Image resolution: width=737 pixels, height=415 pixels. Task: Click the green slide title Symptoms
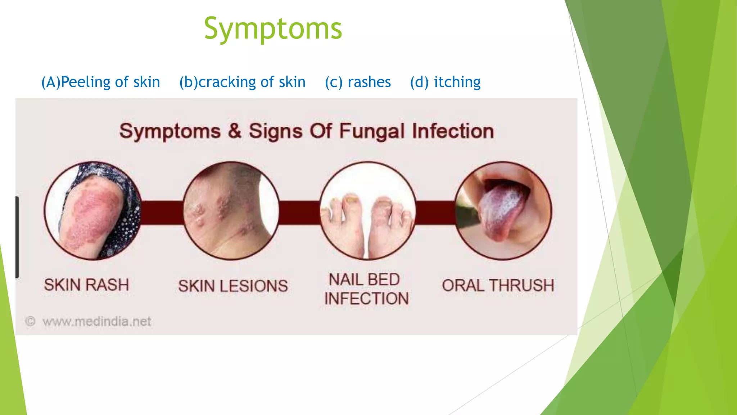tap(273, 29)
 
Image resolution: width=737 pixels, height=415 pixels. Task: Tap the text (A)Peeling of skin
tap(101, 82)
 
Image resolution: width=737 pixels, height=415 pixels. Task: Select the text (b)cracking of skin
tap(242, 82)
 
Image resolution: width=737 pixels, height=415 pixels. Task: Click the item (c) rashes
tap(358, 82)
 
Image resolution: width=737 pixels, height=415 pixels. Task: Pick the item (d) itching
tap(445, 82)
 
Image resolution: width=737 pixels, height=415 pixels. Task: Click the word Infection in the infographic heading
tap(453, 131)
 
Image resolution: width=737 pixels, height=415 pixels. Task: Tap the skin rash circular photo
tap(93, 211)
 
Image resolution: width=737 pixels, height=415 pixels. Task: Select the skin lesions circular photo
tap(231, 211)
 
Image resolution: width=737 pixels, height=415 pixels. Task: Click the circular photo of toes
tap(367, 211)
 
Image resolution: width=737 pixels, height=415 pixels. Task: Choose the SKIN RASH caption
tap(86, 285)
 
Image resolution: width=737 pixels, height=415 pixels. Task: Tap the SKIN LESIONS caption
tap(233, 286)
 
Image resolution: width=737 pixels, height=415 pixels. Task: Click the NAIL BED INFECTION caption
tap(366, 289)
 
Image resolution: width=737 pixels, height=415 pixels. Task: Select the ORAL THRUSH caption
tap(498, 285)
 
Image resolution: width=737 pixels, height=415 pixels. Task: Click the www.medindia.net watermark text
tap(97, 321)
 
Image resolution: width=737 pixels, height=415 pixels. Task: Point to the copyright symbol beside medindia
tap(30, 321)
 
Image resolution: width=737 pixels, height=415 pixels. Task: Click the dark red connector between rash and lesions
tap(162, 213)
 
